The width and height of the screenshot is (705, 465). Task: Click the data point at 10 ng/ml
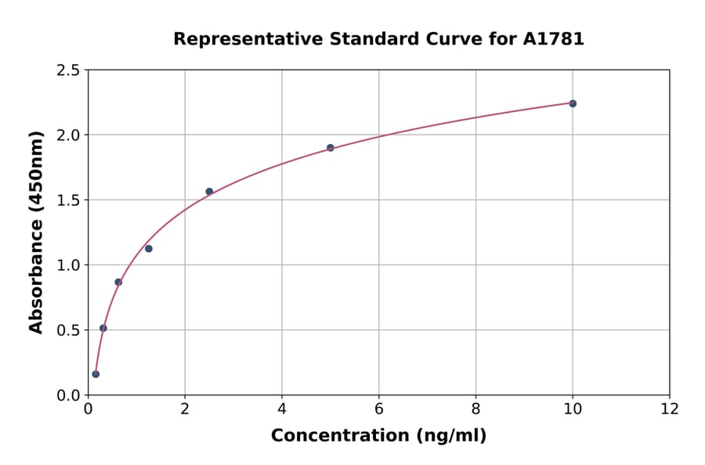[x=573, y=103]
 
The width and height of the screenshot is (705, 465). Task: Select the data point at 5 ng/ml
[x=331, y=147]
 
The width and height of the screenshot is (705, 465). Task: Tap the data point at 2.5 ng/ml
[x=209, y=191]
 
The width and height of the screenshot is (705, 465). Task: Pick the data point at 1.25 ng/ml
[x=149, y=248]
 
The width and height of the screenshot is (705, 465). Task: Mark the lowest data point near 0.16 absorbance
[x=96, y=373]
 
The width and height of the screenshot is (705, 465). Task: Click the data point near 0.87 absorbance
[x=118, y=282]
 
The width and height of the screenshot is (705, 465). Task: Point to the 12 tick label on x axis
[x=670, y=409]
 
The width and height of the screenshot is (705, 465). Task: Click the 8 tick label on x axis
[x=475, y=409]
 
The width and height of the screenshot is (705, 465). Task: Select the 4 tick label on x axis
[x=282, y=409]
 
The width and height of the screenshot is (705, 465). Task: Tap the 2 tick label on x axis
[x=185, y=409]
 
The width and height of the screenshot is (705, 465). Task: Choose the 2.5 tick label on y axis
[x=68, y=70]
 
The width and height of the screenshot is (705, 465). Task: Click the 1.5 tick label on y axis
[x=68, y=200]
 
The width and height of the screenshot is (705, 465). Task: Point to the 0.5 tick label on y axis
[x=68, y=330]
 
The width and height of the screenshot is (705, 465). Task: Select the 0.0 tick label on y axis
[x=68, y=395]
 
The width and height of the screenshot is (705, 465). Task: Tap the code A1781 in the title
[x=554, y=39]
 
